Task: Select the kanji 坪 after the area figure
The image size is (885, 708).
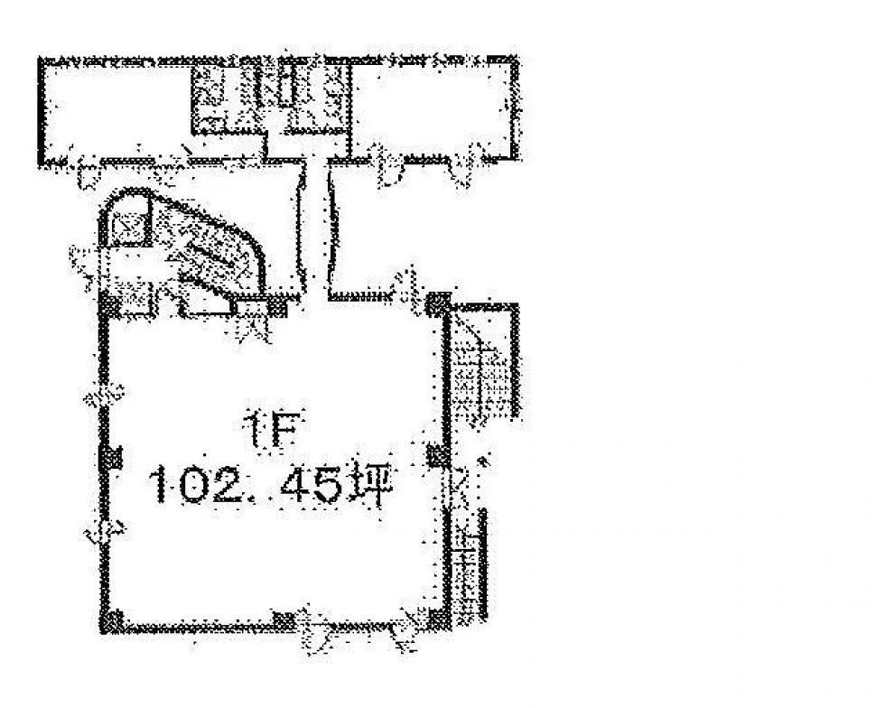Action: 371,486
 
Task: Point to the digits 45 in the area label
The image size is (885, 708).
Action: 311,487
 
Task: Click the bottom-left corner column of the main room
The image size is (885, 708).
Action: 112,621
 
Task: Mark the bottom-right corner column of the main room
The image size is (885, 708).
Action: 439,619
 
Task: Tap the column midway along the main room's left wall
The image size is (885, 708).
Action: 110,457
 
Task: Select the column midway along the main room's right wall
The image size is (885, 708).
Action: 439,455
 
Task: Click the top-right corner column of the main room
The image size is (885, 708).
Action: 439,304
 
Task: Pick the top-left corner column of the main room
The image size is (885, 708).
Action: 109,305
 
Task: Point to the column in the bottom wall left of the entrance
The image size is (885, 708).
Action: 284,620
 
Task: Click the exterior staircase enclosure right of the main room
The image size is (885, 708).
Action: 484,361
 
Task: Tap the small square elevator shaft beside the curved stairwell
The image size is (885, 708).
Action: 130,227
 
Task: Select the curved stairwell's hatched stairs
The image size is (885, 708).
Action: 209,248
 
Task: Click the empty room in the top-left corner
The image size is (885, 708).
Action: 116,110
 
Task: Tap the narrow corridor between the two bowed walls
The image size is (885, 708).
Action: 317,226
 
